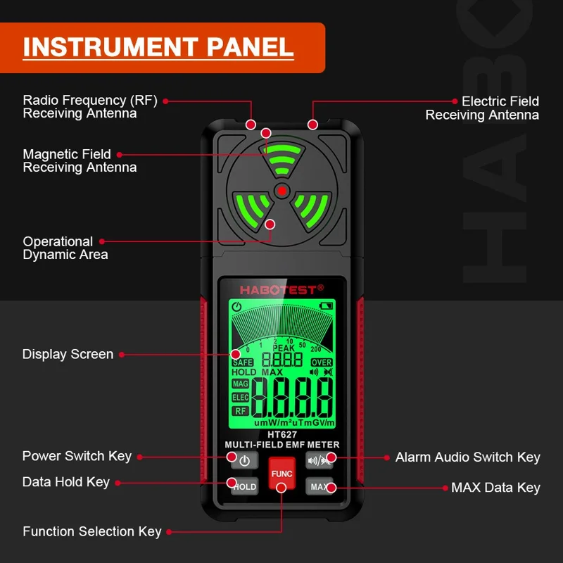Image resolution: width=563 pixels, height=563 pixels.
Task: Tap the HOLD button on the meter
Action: click(243, 486)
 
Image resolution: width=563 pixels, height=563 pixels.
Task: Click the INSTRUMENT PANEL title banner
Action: click(159, 47)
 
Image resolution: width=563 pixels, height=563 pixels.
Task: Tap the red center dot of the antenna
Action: click(281, 189)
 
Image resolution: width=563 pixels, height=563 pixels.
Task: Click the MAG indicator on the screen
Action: click(240, 384)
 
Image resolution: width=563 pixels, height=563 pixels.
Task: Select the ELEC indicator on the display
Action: click(240, 398)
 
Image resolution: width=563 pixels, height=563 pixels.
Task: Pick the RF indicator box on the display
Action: click(241, 411)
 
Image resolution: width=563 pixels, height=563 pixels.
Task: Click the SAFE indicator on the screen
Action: click(242, 362)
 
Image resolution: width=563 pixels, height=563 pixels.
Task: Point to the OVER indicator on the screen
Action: click(321, 362)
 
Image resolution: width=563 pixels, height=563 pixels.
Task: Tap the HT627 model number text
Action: click(281, 434)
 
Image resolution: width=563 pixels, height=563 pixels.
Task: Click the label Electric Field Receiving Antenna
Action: click(482, 108)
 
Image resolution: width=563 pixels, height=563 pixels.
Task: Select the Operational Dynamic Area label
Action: click(65, 248)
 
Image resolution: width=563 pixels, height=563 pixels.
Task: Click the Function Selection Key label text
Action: click(91, 531)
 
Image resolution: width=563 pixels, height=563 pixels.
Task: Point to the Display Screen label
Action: click(68, 354)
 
